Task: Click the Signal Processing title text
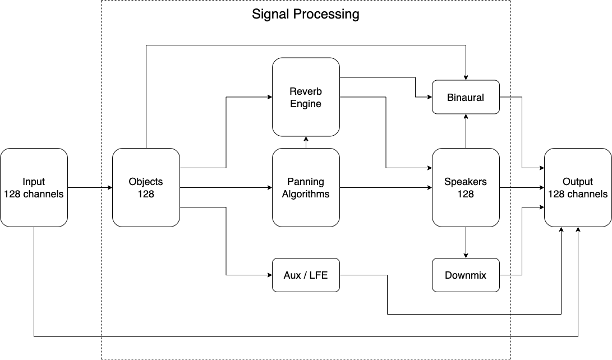305,15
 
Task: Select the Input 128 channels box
34,187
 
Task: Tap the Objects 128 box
146,187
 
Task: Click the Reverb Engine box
306,97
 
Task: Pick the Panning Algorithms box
306,187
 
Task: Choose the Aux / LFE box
306,275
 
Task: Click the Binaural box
466,97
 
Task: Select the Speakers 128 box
466,187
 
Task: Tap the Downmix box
466,275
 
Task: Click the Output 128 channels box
578,187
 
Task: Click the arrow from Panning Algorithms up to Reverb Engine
306,142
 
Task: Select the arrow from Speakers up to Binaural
466,131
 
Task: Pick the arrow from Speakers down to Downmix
466,242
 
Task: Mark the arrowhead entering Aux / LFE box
269,275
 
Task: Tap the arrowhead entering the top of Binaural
466,77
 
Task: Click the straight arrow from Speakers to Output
522,187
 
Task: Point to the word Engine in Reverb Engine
306,104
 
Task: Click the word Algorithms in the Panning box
306,194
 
